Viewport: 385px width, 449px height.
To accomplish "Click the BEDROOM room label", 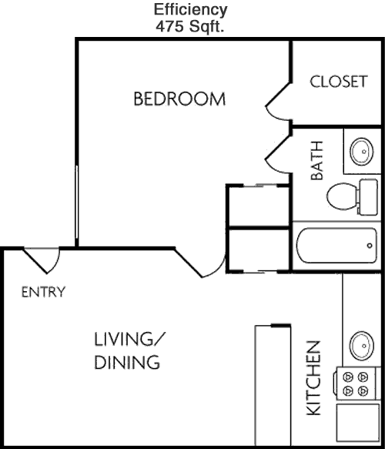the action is (179, 99).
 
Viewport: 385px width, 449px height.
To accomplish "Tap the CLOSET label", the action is (339, 82).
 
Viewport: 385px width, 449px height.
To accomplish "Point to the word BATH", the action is (317, 160).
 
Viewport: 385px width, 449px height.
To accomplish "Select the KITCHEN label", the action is (313, 378).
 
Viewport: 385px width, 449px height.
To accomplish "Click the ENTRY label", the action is (44, 292).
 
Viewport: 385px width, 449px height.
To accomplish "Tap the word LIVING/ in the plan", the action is (130, 339).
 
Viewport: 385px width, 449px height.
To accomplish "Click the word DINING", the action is (127, 362).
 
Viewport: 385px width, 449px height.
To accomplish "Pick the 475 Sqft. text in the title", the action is (189, 27).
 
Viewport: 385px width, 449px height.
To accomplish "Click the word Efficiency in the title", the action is (191, 10).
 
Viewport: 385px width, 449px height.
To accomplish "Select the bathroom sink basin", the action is (362, 152).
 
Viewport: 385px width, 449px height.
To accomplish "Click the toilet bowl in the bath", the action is (341, 196).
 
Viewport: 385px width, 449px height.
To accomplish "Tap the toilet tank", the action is (367, 197).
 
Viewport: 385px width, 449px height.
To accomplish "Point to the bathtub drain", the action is (370, 246).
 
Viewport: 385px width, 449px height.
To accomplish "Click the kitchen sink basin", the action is (362, 346).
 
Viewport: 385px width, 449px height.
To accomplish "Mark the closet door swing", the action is (279, 104).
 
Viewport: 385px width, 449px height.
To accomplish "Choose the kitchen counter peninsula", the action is (273, 385).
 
